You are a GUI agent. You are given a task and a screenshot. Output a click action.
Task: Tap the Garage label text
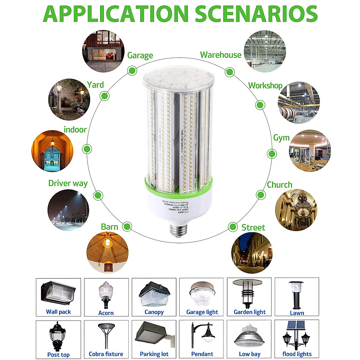pyautogui.click(x=140, y=55)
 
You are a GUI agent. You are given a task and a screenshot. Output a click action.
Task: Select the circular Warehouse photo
pyautogui.click(x=264, y=51)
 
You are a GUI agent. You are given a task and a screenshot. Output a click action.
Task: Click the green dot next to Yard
pyautogui.click(x=104, y=96)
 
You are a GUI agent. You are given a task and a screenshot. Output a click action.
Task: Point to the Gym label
pyautogui.click(x=281, y=138)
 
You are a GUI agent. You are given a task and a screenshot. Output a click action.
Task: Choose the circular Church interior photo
pyautogui.click(x=296, y=210)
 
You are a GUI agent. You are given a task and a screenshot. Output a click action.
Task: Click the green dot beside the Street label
pyautogui.click(x=232, y=227)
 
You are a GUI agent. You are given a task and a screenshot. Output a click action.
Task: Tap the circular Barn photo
pyautogui.click(x=107, y=252)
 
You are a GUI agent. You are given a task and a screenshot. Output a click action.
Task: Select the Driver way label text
pyautogui.click(x=68, y=183)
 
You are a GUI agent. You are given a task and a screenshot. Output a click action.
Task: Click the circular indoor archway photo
pyautogui.click(x=52, y=151)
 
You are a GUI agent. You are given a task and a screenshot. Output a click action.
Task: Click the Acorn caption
pyautogui.click(x=106, y=313)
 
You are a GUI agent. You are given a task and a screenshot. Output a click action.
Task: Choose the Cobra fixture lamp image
pyautogui.click(x=106, y=334)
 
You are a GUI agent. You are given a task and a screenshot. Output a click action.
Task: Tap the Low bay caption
pyautogui.click(x=249, y=354)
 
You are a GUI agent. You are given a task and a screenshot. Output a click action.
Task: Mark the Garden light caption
pyautogui.click(x=250, y=312)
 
